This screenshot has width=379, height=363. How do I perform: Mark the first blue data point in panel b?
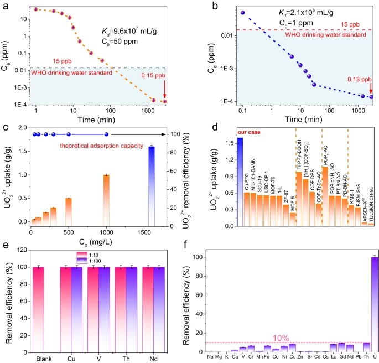click(242, 12)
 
